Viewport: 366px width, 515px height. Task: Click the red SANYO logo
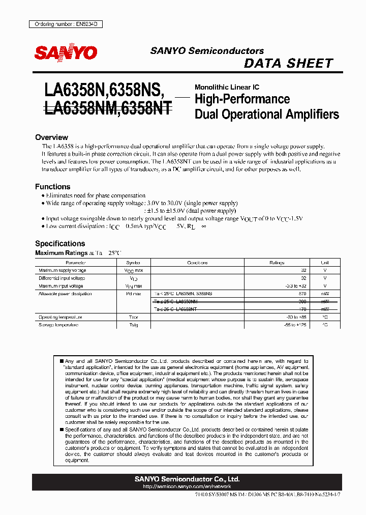[66, 52]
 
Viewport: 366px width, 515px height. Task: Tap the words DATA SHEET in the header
[288, 64]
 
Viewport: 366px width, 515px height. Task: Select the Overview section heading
[51, 137]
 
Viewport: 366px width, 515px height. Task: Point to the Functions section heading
[52, 187]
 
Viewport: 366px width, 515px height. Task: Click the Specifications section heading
[60, 243]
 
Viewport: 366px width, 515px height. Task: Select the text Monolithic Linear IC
[227, 88]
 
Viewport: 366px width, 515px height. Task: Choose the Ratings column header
[277, 263]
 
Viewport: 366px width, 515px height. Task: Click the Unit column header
[325, 263]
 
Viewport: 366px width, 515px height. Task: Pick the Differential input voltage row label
[61, 278]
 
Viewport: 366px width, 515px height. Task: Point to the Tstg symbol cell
[133, 325]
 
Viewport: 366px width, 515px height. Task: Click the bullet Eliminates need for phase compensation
[95, 195]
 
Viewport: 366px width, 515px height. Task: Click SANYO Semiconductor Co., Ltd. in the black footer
[187, 479]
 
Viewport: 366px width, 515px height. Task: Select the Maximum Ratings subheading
[56, 253]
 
